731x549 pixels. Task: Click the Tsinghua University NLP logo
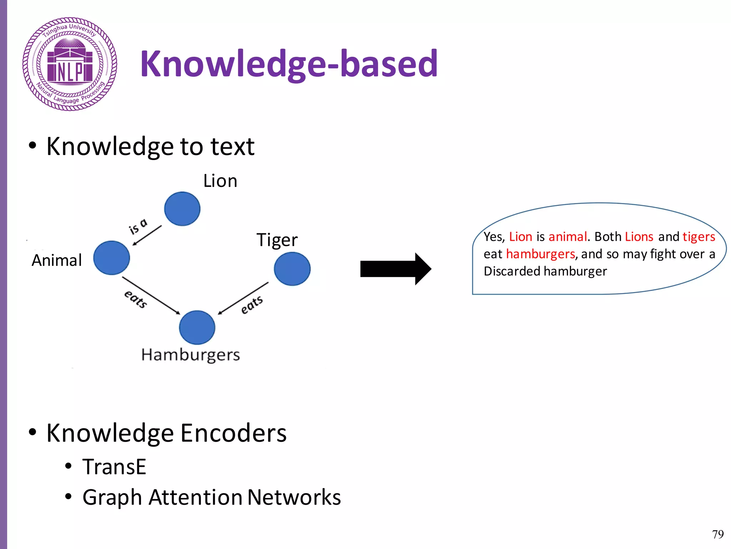pos(70,64)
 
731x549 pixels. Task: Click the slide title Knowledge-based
pos(289,64)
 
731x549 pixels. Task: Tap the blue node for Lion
pos(182,209)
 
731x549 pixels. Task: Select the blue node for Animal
pos(111,258)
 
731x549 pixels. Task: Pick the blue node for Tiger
pos(292,269)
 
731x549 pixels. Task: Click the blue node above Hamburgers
pos(197,327)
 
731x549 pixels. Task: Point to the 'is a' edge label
pos(138,226)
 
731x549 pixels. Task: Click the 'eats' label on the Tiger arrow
pos(252,305)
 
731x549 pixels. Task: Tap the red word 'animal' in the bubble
pos(568,237)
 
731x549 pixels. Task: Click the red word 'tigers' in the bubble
pos(699,237)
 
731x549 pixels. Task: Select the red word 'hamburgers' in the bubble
pos(540,254)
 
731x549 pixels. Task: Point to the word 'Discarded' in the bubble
pos(512,271)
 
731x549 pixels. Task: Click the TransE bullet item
pos(114,467)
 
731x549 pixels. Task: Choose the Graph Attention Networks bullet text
pos(211,497)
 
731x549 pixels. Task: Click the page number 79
pos(718,534)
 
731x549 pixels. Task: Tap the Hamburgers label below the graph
pos(190,355)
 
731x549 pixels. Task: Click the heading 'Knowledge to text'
pos(150,147)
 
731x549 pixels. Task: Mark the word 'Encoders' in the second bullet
pos(233,433)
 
